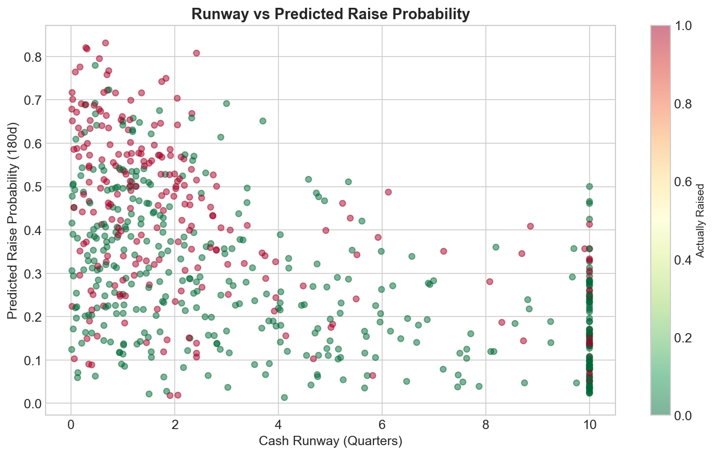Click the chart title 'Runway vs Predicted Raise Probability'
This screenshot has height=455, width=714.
click(330, 14)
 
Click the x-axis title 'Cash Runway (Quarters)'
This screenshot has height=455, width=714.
click(330, 441)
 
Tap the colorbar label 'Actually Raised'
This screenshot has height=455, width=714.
click(700, 220)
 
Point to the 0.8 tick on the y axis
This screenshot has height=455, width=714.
click(32, 57)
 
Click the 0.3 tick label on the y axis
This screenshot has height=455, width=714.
click(32, 273)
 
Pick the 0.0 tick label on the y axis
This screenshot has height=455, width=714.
click(32, 404)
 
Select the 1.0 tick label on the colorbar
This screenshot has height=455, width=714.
click(685, 26)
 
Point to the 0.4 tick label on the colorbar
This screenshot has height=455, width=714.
click(685, 260)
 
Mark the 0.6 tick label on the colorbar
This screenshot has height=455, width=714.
click(685, 182)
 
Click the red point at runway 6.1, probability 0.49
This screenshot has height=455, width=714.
click(388, 192)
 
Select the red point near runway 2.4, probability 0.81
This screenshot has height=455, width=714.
click(197, 53)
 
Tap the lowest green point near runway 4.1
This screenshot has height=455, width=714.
click(284, 397)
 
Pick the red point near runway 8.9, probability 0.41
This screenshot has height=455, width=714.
click(530, 226)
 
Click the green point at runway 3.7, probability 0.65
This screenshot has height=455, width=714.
click(263, 121)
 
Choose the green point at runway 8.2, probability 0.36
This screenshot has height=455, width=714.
click(496, 247)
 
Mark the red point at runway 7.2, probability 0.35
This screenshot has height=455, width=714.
click(444, 251)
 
